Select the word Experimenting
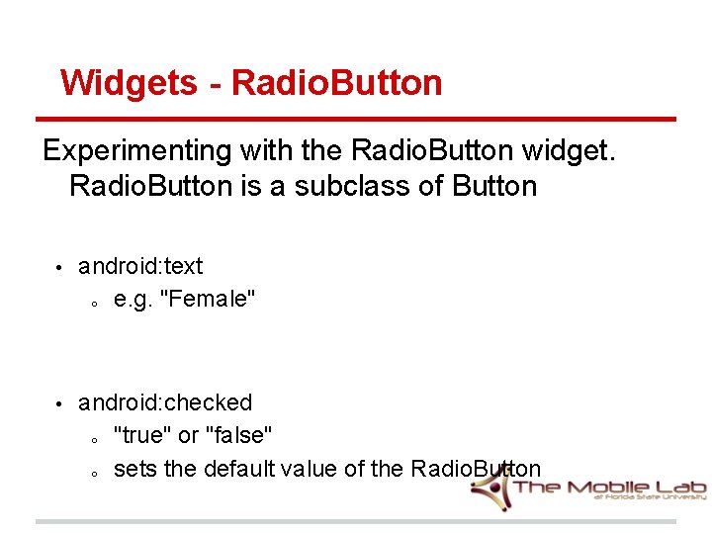135,150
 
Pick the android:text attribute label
140,266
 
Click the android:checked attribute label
165,402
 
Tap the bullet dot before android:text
58,268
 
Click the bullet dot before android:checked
58,404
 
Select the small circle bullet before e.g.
91,303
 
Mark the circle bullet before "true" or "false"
91,439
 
